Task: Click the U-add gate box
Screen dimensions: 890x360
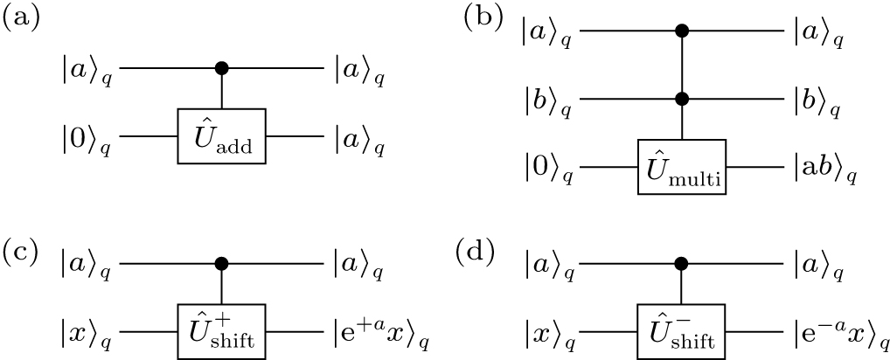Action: [222, 136]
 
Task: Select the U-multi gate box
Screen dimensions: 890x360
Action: [682, 167]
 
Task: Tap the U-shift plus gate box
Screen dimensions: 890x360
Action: [222, 331]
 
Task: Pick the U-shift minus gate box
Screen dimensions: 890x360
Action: [682, 331]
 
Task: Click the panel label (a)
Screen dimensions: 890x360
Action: [22, 19]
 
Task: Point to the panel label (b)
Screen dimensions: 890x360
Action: [484, 19]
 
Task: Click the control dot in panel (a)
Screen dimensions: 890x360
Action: [222, 69]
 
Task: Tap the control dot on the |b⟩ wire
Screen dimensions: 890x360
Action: [682, 100]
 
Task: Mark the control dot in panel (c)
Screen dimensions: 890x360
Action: [222, 264]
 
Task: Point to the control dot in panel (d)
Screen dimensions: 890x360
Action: [682, 264]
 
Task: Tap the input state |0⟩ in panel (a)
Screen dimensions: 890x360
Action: [87, 139]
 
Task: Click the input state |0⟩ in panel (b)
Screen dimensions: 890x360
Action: [548, 169]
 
